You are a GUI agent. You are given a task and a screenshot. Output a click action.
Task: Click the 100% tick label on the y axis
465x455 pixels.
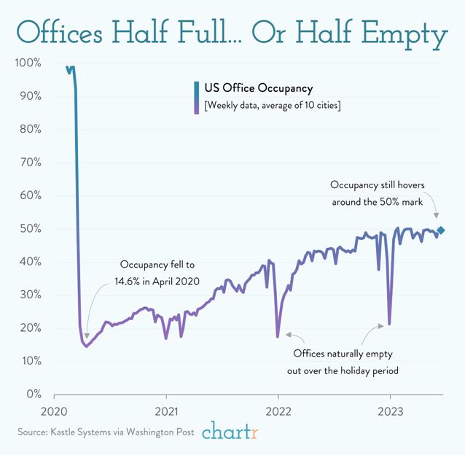click(x=27, y=63)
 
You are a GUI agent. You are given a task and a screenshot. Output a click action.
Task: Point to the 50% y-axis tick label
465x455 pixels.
click(x=30, y=229)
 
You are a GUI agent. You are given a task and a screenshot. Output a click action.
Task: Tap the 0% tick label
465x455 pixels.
click(x=33, y=394)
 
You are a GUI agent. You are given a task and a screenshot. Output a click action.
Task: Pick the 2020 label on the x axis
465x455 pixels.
click(x=55, y=410)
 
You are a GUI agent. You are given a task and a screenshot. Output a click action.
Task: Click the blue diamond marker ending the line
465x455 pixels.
click(x=441, y=230)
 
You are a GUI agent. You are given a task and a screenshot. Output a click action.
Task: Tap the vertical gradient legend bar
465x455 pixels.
click(x=197, y=97)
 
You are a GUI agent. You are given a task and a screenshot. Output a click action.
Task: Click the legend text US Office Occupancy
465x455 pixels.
click(x=259, y=88)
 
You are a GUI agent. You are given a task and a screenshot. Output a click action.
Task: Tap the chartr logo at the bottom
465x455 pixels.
click(x=230, y=432)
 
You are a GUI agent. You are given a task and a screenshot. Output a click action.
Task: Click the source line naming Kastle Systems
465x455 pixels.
click(x=106, y=432)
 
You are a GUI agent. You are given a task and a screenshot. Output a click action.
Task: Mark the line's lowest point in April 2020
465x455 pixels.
click(x=87, y=346)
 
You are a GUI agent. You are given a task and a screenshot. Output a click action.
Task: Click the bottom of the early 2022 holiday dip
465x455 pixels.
click(x=278, y=336)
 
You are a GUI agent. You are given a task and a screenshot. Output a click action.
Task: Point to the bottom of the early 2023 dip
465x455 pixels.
click(x=390, y=324)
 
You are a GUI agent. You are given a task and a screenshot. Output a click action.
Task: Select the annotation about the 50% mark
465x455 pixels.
click(x=381, y=193)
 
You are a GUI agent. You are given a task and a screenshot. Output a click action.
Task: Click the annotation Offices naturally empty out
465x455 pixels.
click(x=346, y=362)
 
